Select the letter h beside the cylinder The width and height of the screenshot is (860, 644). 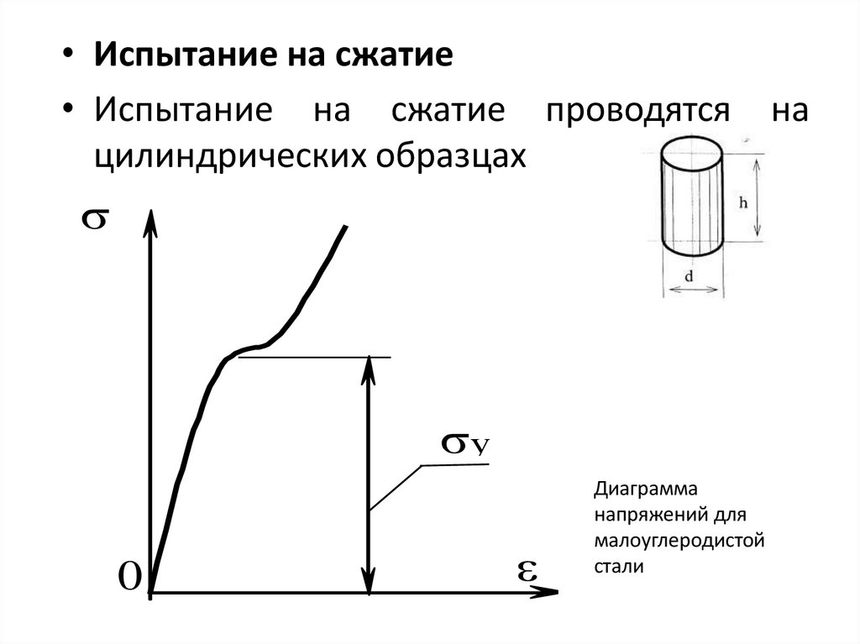(x=743, y=202)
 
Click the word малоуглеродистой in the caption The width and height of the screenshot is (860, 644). (x=679, y=540)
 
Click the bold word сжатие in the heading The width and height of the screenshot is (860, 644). (x=396, y=57)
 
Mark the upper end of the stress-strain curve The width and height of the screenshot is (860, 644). (x=345, y=227)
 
